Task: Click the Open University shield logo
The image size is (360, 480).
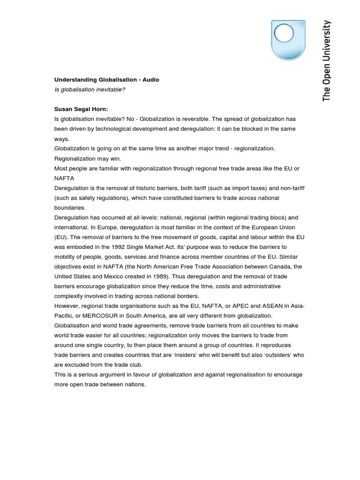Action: pos(288,40)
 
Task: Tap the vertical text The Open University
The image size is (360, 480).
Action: pos(327,60)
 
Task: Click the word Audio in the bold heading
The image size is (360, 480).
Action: pos(149,80)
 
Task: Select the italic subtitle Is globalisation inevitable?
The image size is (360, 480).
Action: pos(90,90)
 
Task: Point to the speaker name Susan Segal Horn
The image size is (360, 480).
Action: pos(81,109)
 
